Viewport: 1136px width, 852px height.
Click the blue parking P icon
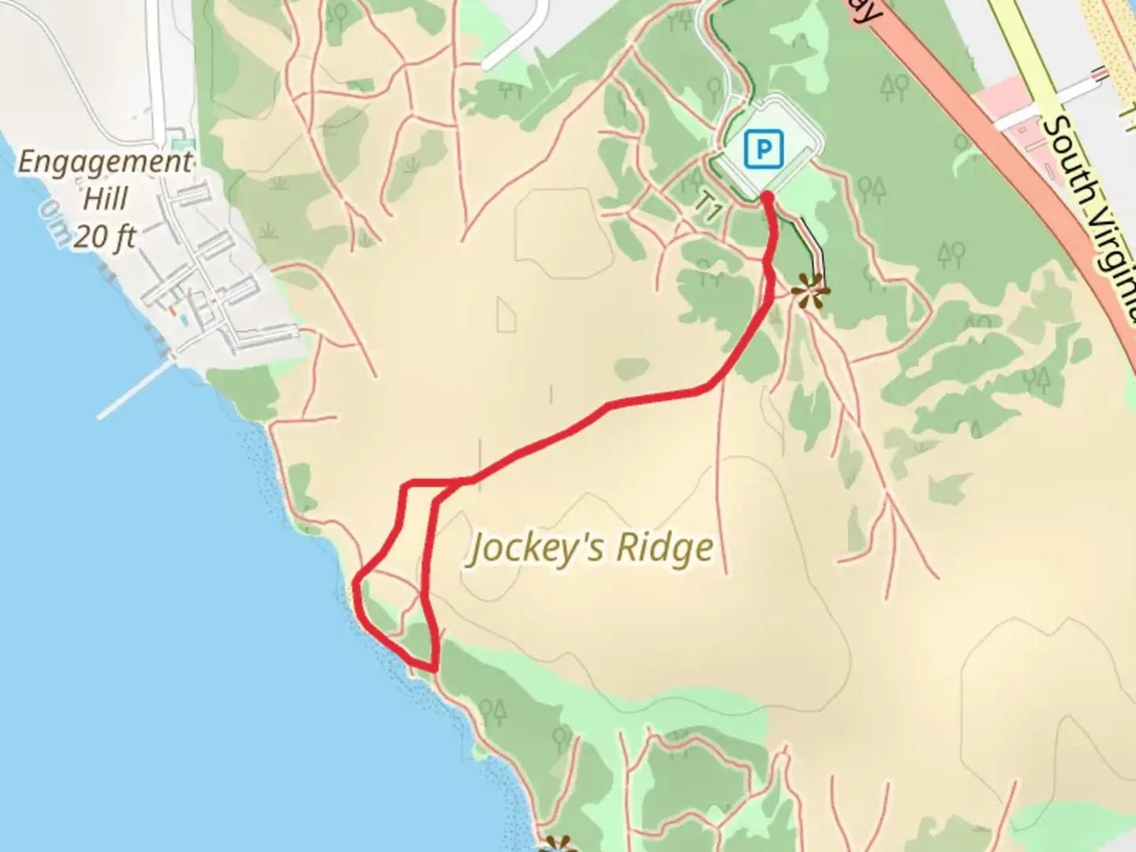pyautogui.click(x=763, y=148)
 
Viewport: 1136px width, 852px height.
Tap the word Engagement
pyautogui.click(x=105, y=163)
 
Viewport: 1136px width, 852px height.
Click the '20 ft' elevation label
pyautogui.click(x=106, y=237)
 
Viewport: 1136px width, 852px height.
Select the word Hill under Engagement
pyautogui.click(x=106, y=199)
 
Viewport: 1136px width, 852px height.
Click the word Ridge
pyautogui.click(x=664, y=547)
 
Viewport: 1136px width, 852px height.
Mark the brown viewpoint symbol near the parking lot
pyautogui.click(x=809, y=293)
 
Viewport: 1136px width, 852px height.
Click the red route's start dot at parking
pyautogui.click(x=766, y=194)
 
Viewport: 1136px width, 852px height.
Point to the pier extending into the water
pyautogui.click(x=134, y=390)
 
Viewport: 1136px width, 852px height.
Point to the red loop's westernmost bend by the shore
pyautogui.click(x=357, y=585)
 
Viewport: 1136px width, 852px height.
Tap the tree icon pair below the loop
pyautogui.click(x=492, y=712)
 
